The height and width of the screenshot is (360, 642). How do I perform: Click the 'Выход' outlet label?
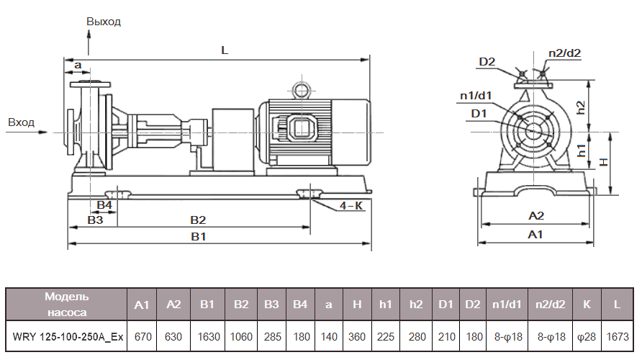104,21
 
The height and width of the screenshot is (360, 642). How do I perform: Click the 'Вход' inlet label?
21,122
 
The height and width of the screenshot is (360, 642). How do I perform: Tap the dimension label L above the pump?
225,50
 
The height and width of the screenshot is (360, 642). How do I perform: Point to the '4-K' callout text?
351,206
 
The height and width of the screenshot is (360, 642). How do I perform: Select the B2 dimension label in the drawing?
198,220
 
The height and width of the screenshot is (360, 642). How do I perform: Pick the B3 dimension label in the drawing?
95,220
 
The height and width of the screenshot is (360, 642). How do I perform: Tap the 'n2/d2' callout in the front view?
564,53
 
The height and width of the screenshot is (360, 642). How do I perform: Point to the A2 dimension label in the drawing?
536,215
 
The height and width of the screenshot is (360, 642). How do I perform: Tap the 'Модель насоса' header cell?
67,305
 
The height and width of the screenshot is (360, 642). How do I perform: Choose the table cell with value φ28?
586,337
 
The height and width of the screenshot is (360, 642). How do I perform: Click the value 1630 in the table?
207,337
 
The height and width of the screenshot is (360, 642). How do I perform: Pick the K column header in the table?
586,305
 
